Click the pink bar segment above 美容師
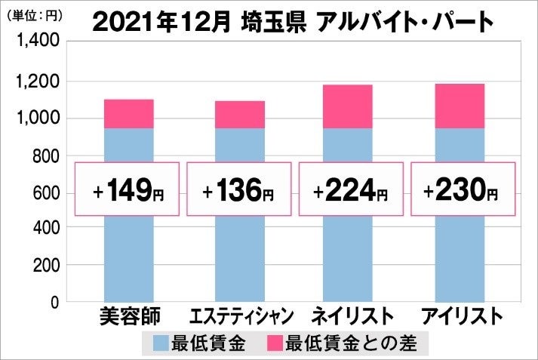pyautogui.click(x=128, y=114)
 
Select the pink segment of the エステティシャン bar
pyautogui.click(x=239, y=115)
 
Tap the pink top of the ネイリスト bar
pyautogui.click(x=347, y=106)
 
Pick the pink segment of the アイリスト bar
pyautogui.click(x=459, y=106)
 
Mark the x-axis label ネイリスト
pyautogui.click(x=350, y=315)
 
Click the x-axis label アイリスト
pyautogui.click(x=461, y=315)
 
